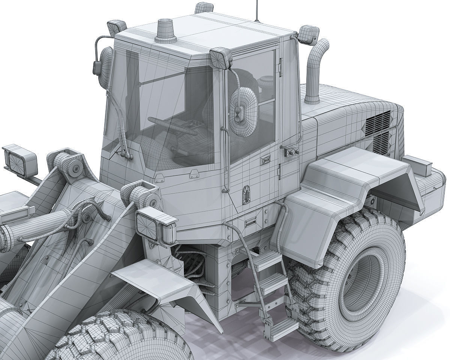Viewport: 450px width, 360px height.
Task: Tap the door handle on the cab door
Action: [266, 159]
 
